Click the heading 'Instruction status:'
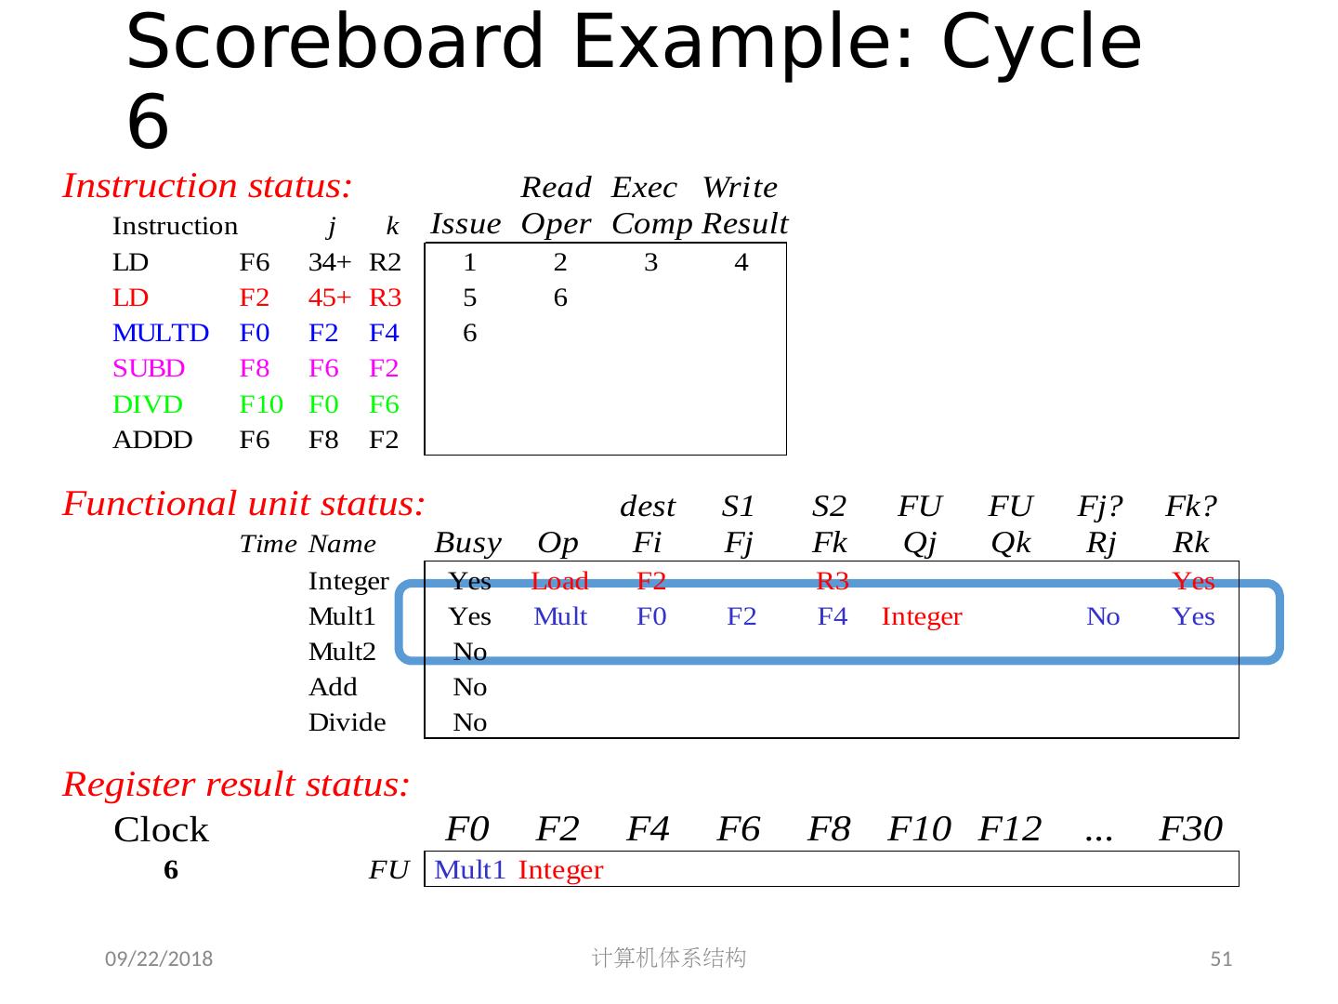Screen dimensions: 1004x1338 coord(207,187)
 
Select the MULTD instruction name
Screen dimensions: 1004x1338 coord(161,333)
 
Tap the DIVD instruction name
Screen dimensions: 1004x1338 coord(148,404)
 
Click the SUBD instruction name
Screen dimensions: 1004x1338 coord(149,368)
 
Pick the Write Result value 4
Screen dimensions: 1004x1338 coord(741,263)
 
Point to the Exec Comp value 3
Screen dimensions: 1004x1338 coord(650,263)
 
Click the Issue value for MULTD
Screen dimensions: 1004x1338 coord(469,333)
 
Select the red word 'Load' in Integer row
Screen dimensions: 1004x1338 coord(559,581)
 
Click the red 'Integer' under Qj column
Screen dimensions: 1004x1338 coord(922,616)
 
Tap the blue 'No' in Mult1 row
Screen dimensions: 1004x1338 coord(1103,616)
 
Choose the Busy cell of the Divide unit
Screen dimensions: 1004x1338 coord(469,722)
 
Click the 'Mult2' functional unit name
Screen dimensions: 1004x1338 coord(342,652)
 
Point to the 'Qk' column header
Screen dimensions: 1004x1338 coord(1011,542)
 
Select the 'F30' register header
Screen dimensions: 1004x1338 coord(1191,827)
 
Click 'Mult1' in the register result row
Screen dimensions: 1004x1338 coord(469,870)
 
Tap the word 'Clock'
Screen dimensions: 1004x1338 coord(161,829)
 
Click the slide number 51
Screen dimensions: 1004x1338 coord(1221,959)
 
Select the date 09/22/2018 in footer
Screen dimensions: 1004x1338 coord(158,959)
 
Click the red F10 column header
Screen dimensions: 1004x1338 coord(919,827)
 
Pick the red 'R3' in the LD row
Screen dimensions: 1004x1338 coord(385,297)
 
